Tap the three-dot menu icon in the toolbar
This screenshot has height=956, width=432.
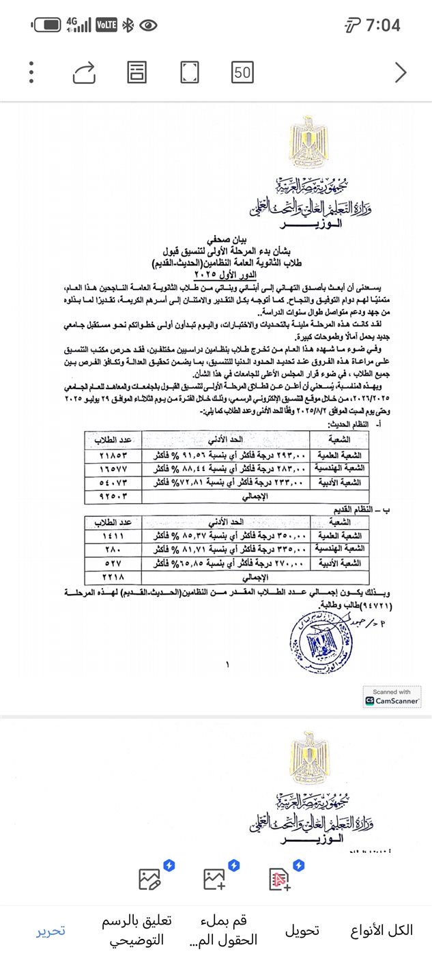click(x=32, y=72)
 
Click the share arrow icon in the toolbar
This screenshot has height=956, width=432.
click(x=84, y=72)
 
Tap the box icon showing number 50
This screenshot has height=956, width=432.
click(x=242, y=72)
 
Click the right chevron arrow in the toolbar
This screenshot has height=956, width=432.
click(x=401, y=72)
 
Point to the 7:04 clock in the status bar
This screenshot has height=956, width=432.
click(x=383, y=26)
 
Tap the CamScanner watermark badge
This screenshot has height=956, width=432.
click(x=392, y=697)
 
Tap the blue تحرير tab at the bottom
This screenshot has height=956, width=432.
click(x=51, y=930)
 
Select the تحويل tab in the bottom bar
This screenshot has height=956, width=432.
click(x=302, y=930)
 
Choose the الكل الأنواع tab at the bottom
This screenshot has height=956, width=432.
click(x=381, y=930)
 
